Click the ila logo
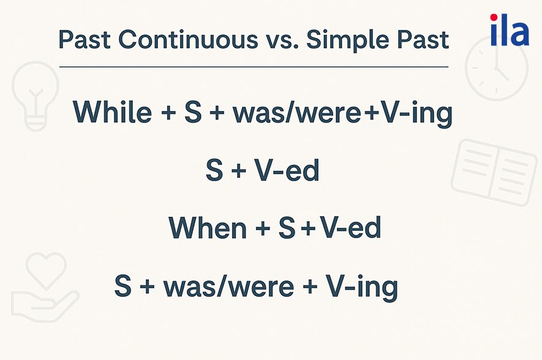click(x=510, y=30)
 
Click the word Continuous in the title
click(x=188, y=39)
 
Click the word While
click(x=112, y=111)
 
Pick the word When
click(x=208, y=227)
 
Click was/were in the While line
click(x=297, y=112)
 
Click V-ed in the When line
click(x=350, y=227)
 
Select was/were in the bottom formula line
click(x=229, y=286)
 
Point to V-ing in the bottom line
click(x=363, y=287)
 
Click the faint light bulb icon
click(x=35, y=96)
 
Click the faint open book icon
click(x=494, y=172)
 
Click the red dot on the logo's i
click(x=494, y=17)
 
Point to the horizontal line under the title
click(x=254, y=67)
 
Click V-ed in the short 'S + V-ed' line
click(x=287, y=170)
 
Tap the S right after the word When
click(x=287, y=227)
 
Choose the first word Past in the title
click(x=85, y=39)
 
